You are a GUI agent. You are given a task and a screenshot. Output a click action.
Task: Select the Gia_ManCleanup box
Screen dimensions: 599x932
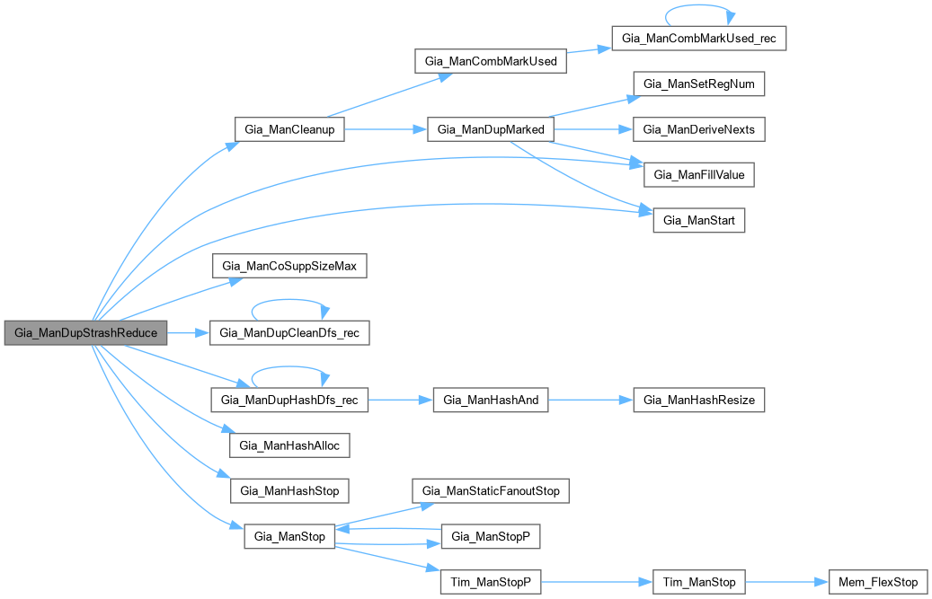click(289, 130)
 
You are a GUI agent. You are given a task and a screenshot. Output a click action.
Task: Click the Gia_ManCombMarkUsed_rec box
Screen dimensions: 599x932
click(698, 40)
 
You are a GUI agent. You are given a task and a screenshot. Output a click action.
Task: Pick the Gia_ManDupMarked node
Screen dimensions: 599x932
click(490, 130)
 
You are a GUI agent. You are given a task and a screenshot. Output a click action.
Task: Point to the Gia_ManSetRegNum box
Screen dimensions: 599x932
click(699, 84)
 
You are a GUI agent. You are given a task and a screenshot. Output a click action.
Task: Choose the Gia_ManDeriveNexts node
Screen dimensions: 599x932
click(699, 129)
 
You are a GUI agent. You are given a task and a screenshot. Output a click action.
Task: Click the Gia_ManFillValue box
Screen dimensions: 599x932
click(699, 175)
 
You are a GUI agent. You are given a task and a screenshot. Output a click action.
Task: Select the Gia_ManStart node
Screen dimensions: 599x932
click(698, 221)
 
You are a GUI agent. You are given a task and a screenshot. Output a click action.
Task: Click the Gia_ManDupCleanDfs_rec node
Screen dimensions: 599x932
click(288, 332)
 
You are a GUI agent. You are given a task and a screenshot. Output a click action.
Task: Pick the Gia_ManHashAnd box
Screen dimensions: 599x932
click(490, 401)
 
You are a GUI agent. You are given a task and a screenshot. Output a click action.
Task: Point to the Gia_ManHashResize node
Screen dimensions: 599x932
click(699, 401)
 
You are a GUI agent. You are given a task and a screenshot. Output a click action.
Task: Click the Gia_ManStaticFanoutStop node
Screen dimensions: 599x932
click(491, 491)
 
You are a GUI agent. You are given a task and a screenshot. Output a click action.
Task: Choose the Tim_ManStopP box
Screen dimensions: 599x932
click(491, 582)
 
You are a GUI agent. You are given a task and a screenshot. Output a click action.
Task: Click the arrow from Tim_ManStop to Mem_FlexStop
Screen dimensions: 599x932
click(786, 582)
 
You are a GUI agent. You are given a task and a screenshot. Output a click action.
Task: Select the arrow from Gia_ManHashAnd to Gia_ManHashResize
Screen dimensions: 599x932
click(590, 401)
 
